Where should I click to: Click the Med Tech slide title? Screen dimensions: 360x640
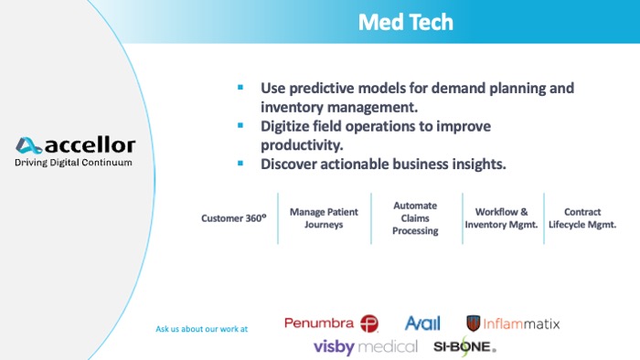(x=405, y=22)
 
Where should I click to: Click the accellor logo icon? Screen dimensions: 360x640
(x=28, y=145)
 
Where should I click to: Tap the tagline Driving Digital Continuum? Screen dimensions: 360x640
(x=73, y=163)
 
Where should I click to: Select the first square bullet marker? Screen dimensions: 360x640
(x=240, y=88)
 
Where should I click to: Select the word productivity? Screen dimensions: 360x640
(x=303, y=145)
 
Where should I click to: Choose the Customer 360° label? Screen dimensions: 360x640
(x=233, y=218)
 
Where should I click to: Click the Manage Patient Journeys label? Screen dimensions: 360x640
(x=324, y=218)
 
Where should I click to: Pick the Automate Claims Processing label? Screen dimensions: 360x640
(x=415, y=218)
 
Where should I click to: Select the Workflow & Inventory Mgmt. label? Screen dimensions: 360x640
(x=502, y=218)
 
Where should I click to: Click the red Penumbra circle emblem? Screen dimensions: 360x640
(x=369, y=323)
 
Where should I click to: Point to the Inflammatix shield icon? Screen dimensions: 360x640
(x=474, y=323)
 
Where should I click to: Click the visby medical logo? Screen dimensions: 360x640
(x=365, y=346)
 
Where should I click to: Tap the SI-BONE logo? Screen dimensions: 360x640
(x=464, y=346)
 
